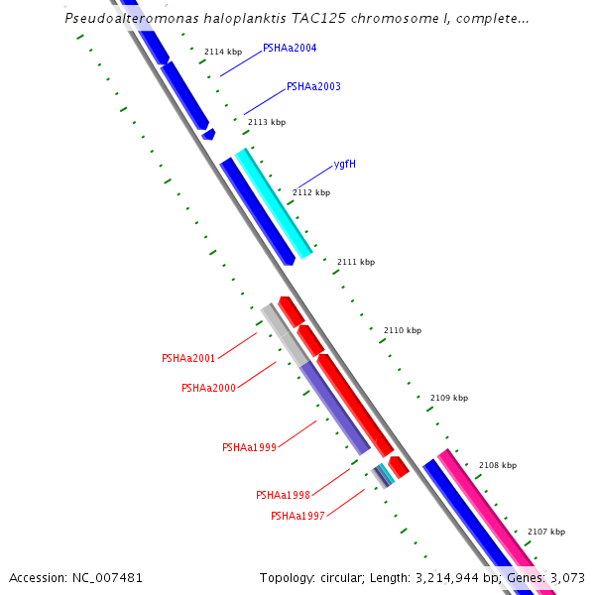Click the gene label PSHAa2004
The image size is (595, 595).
coord(290,48)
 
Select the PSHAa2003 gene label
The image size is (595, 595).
coord(313,87)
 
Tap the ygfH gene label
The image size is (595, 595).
coord(345,164)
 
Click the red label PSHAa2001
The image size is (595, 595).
coord(188,358)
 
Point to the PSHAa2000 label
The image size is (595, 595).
coord(208,388)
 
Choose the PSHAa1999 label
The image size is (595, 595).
coord(249,447)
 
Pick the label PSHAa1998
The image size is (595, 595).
coord(283,495)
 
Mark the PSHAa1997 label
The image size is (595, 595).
coord(297,516)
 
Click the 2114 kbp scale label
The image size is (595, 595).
coord(223,52)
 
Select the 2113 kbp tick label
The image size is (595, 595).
coord(267,122)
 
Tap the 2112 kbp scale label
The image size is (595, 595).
coord(311,192)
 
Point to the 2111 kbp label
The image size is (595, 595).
coord(356,262)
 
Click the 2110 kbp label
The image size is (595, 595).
coord(403,330)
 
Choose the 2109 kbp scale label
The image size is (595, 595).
coord(448,398)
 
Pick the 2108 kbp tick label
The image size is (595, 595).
coord(498,465)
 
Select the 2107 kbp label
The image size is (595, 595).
coord(546,532)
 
